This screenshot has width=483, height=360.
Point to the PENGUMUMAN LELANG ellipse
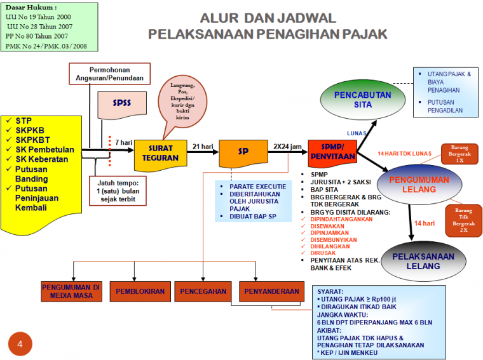click(x=419, y=184)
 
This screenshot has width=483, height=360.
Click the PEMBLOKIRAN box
click(x=140, y=291)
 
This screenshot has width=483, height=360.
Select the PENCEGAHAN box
click(x=203, y=291)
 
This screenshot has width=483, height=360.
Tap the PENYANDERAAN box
click(x=269, y=291)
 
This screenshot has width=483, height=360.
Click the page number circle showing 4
click(x=20, y=344)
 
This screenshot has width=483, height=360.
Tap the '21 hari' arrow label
click(x=203, y=146)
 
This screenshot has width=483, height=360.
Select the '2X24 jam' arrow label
click(x=287, y=146)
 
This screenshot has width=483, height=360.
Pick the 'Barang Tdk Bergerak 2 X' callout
click(x=463, y=220)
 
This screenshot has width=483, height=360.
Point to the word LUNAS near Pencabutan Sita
click(x=357, y=133)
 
